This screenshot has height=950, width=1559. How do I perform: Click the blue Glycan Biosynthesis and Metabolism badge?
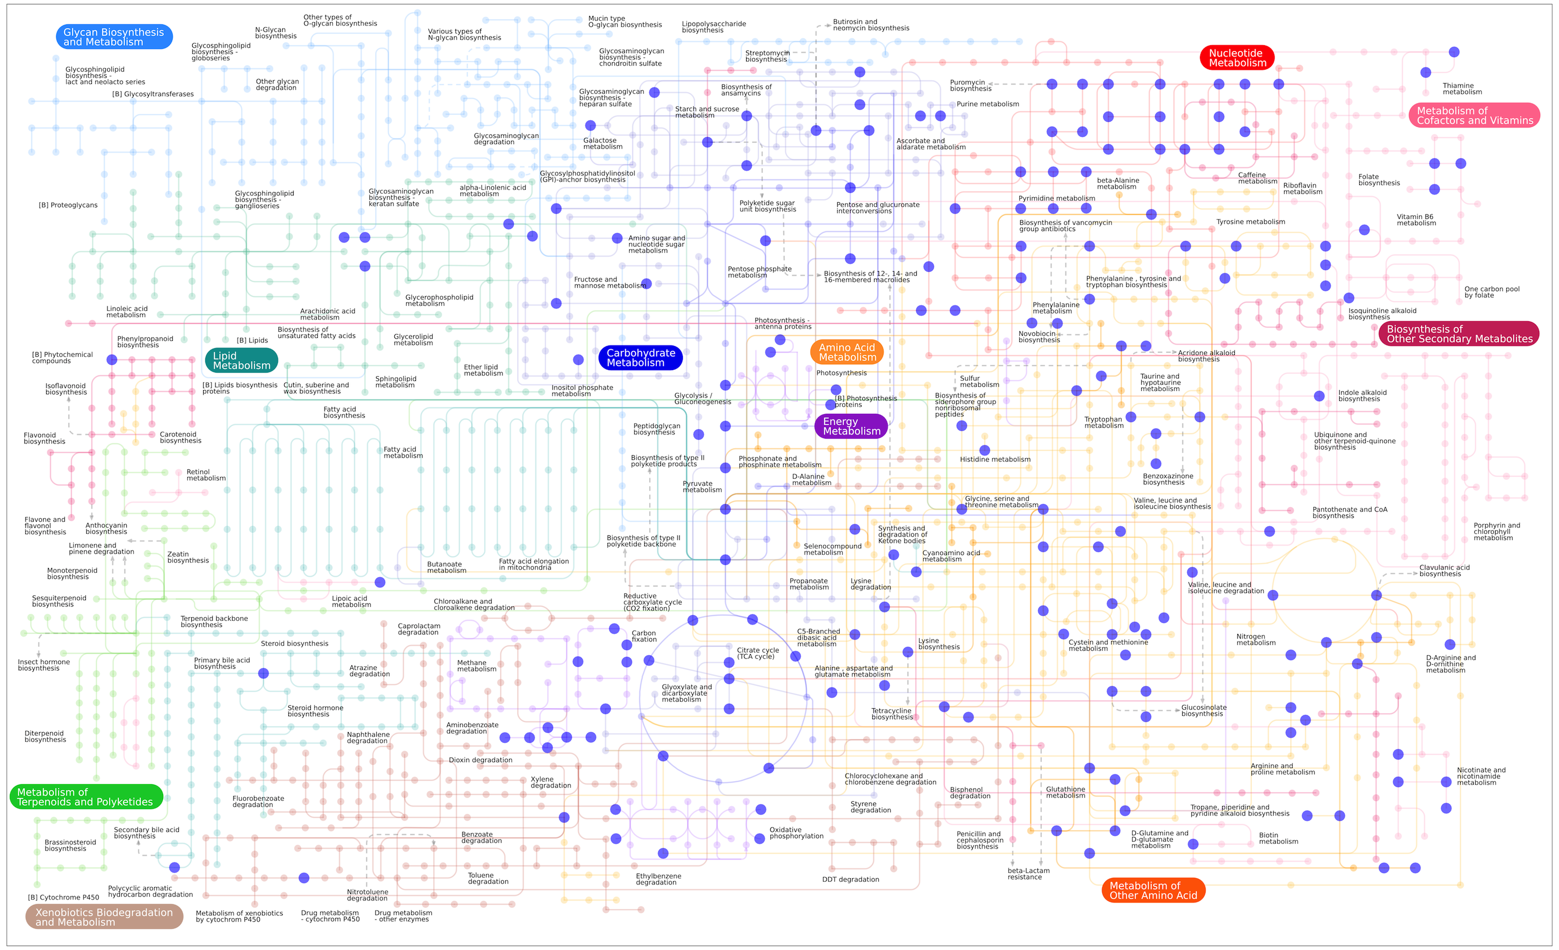coord(114,37)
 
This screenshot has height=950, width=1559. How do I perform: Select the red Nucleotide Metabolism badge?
coord(1236,58)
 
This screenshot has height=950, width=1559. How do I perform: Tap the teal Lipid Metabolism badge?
coord(242,360)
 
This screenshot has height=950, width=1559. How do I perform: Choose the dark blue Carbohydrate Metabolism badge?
coord(640,358)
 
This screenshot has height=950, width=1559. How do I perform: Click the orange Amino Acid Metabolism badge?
coord(847,352)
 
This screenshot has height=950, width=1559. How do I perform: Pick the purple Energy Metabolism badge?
coord(851,426)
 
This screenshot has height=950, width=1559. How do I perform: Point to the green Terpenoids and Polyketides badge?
coord(86,797)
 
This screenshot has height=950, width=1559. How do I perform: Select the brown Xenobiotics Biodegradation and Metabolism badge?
coord(104,916)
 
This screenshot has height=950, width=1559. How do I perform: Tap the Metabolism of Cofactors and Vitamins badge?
coord(1474,115)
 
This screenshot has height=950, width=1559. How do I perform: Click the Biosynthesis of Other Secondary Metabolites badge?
coord(1458,334)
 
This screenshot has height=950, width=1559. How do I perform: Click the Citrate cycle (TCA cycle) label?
coord(757,653)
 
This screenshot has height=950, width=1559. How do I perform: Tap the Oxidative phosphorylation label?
coord(796,833)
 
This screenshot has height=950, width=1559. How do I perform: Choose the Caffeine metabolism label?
coord(1257,178)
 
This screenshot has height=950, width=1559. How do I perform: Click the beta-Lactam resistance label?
coord(1028,874)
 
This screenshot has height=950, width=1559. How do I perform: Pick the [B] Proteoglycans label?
coord(68,205)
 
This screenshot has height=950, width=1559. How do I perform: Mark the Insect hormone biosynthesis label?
coord(44,665)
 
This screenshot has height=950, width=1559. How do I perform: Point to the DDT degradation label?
coord(850,879)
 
